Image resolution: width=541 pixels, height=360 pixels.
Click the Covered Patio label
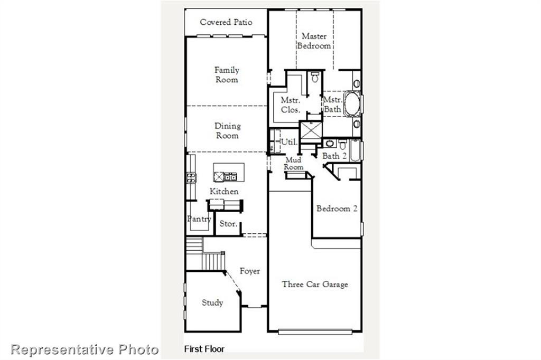click(x=226, y=22)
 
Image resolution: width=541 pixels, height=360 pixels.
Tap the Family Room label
click(x=227, y=75)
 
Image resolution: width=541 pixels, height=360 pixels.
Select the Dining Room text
click(x=227, y=131)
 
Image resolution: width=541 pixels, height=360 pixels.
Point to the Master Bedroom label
click(x=314, y=41)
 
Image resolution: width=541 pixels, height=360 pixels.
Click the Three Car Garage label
click(x=315, y=285)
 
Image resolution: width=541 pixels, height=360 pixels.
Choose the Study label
click(x=212, y=303)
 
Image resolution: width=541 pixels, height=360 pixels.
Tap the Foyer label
click(x=250, y=271)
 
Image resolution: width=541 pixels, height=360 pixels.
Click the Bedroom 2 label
click(x=337, y=209)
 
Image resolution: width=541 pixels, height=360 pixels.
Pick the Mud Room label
click(x=294, y=164)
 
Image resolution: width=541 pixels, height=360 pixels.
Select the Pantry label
click(x=199, y=219)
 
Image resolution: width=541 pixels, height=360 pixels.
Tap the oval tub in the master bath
click(x=352, y=105)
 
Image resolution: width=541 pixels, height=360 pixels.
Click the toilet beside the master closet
click(x=315, y=78)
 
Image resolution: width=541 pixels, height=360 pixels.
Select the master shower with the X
click(x=311, y=130)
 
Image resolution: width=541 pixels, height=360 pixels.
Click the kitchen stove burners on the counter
click(x=191, y=177)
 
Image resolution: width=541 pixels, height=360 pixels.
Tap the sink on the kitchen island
click(x=230, y=177)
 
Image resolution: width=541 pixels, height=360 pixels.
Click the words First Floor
click(x=204, y=349)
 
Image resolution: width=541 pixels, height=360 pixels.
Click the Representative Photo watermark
click(x=85, y=349)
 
